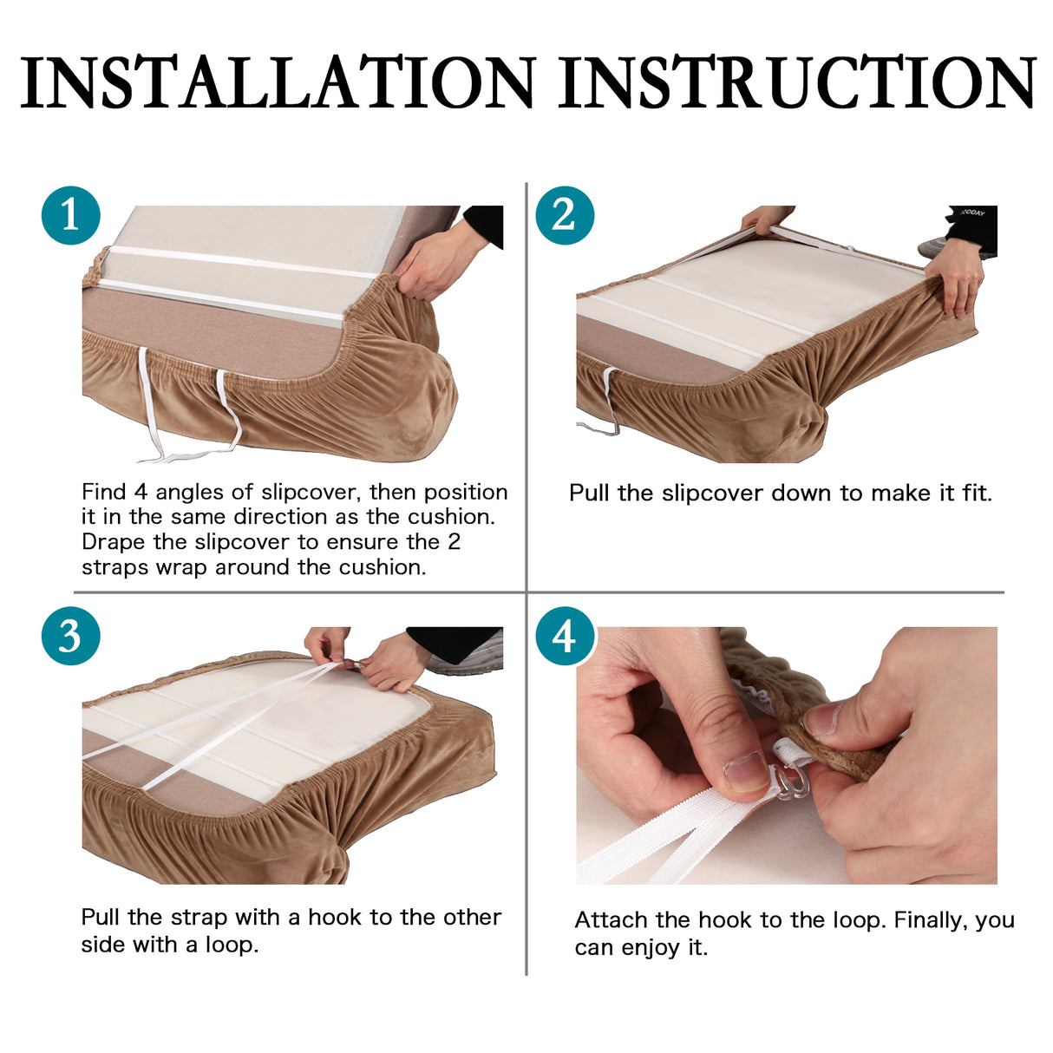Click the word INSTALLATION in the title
pyautogui.click(x=277, y=82)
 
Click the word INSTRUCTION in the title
pyautogui.click(x=797, y=82)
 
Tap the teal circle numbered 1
pyautogui.click(x=71, y=215)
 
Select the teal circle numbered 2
pyautogui.click(x=565, y=215)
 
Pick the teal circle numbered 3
pyautogui.click(x=71, y=636)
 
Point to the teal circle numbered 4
pyautogui.click(x=565, y=636)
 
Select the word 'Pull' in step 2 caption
pyautogui.click(x=589, y=493)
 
